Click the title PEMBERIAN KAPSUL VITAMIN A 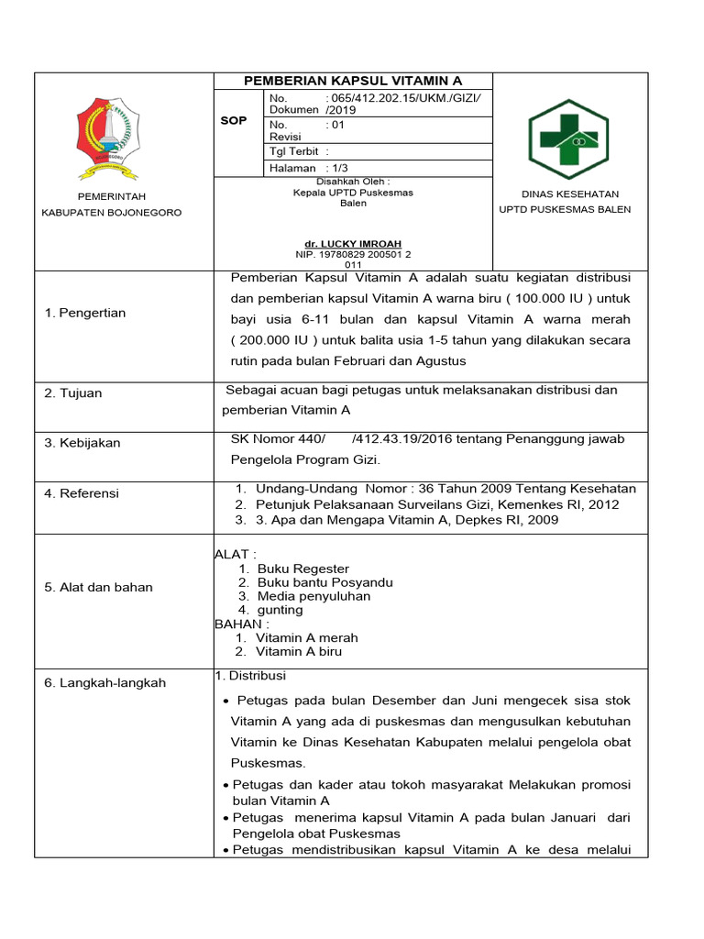point(353,82)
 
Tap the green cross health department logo point(568,138)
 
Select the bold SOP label point(234,121)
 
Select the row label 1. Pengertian point(85,313)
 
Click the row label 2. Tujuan point(73,393)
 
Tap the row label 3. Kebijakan point(82,443)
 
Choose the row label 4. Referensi point(82,493)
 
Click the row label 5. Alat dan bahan point(98,587)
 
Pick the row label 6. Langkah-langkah point(104,683)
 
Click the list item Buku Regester point(302,569)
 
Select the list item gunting point(280,610)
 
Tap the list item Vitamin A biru point(299,652)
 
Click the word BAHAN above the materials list point(236,624)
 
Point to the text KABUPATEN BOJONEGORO point(111,213)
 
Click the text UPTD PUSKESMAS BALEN point(564,209)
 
